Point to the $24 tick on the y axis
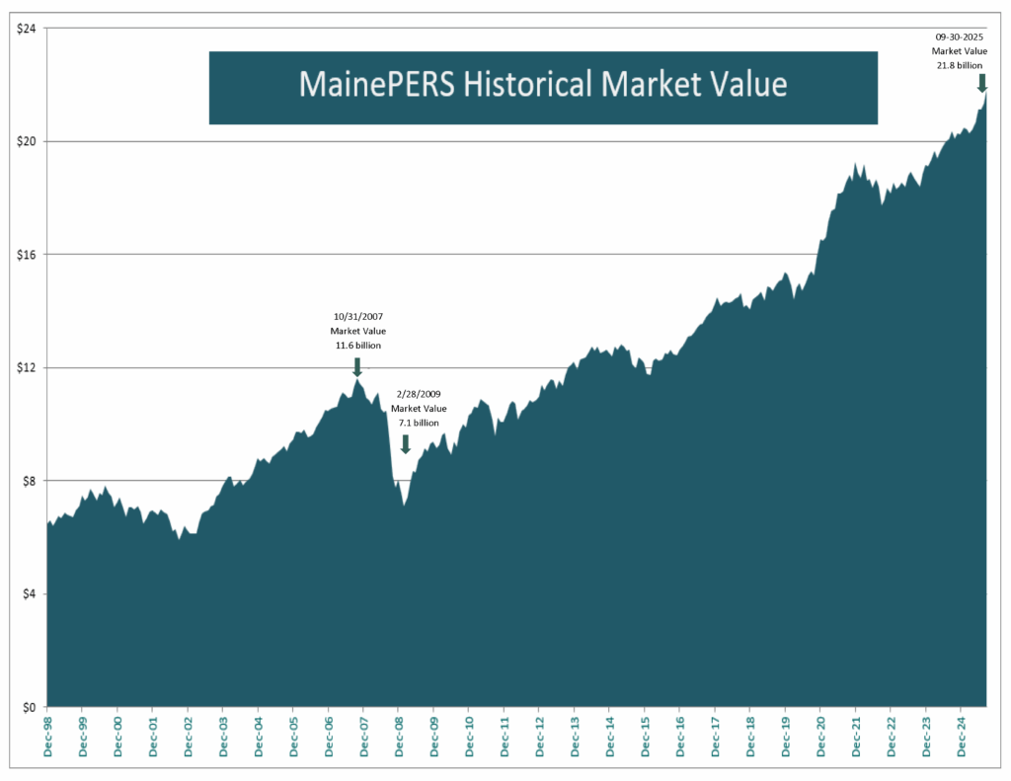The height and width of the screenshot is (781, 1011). coord(27,28)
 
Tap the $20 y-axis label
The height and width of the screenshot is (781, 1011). coord(27,141)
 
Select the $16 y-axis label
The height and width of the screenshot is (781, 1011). coord(27,254)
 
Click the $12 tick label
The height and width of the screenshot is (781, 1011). coord(27,367)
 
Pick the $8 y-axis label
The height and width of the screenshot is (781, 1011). coord(30,481)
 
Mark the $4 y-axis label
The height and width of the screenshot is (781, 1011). coord(30,593)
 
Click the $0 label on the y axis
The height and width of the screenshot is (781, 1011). coord(30,707)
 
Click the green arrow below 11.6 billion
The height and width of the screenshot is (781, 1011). coord(356,366)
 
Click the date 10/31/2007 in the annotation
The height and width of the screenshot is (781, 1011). coord(356,317)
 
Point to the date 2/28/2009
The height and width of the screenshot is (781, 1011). coord(419,393)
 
